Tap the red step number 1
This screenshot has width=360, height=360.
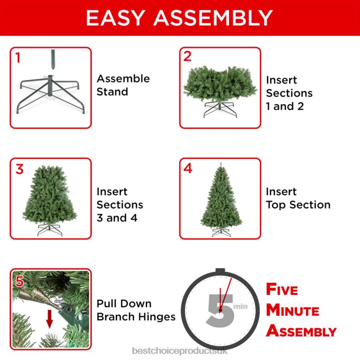coord(18,58)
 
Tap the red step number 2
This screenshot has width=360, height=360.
coord(187,56)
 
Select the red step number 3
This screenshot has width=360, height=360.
coord(19,169)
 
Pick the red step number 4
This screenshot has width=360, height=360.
coord(188,168)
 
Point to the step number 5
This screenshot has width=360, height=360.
coord(19,281)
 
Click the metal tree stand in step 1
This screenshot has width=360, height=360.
coord(50,92)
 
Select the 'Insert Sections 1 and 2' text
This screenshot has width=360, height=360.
coord(289,93)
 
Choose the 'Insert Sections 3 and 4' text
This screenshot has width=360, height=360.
coord(120,204)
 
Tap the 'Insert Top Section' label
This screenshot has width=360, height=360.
coord(298,198)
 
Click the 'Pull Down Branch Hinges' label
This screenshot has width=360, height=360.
coord(136,310)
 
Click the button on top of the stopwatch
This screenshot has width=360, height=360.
coord(220,271)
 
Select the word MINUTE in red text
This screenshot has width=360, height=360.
coord(293,310)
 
